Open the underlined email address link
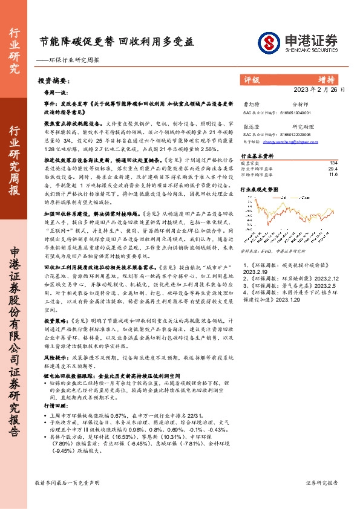tap(286, 140)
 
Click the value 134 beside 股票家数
tap(333, 163)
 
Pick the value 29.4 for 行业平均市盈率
tap(332, 169)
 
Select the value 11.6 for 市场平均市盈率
tap(332, 174)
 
